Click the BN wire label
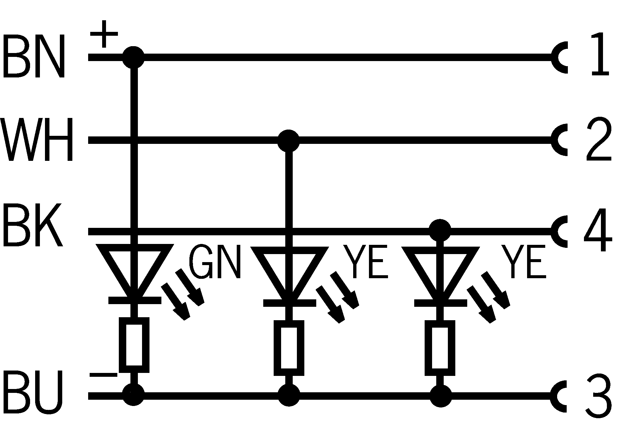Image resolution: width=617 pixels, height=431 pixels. pyautogui.click(x=33, y=56)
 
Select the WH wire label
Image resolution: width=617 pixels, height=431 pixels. pyautogui.click(x=37, y=139)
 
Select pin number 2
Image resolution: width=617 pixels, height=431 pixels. pyautogui.click(x=599, y=140)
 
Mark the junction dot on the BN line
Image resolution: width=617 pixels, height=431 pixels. pyautogui.click(x=133, y=57)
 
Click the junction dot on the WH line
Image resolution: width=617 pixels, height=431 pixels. pyautogui.click(x=288, y=140)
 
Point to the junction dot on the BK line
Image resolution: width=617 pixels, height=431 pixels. pyautogui.click(x=440, y=230)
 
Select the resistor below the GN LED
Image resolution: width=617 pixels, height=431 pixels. pyautogui.click(x=134, y=345)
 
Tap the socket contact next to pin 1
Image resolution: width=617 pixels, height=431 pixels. pyautogui.click(x=559, y=57)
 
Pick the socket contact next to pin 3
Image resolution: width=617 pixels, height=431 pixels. pyautogui.click(x=559, y=396)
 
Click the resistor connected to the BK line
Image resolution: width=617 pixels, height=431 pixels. pyautogui.click(x=440, y=348)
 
